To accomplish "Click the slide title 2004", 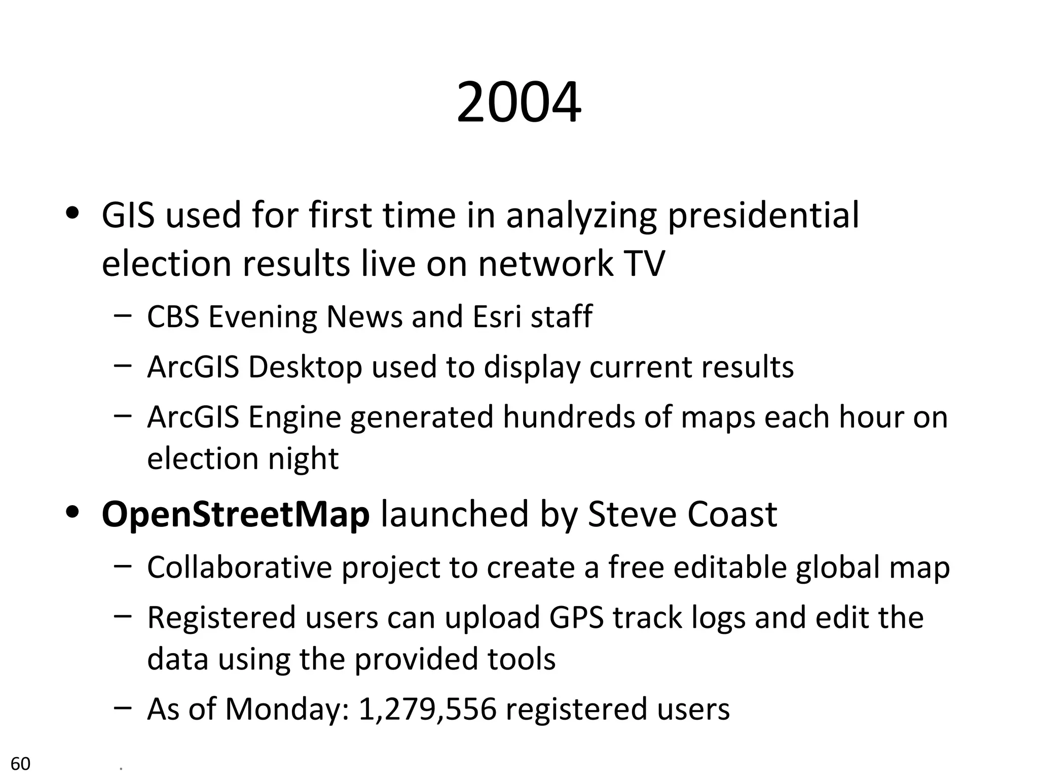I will pos(518,103).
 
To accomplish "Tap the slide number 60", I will pos(21,763).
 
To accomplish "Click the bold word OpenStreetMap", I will pos(236,514).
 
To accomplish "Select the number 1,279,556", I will pos(427,709).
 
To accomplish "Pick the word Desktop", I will pos(305,367).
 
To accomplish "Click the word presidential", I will pos(763,216).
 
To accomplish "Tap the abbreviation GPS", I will pos(576,617).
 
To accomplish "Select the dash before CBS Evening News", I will pos(123,315).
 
